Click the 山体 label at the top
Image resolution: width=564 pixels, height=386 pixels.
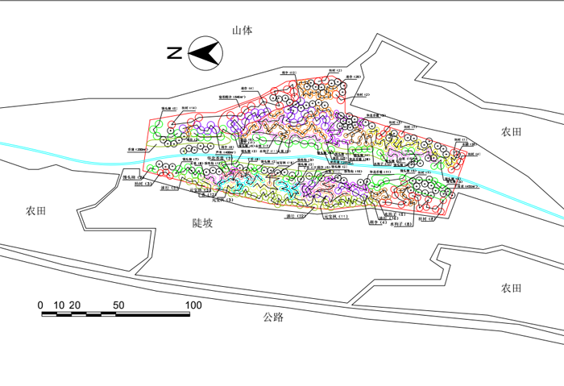click(243, 31)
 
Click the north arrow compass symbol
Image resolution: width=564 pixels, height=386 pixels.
click(205, 54)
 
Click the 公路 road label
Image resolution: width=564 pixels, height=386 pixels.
click(273, 317)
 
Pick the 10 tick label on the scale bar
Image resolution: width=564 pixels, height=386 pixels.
click(58, 305)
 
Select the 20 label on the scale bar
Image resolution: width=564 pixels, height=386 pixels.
click(74, 305)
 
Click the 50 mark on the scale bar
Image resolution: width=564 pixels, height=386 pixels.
click(118, 305)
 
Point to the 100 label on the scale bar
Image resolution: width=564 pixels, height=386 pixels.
click(193, 305)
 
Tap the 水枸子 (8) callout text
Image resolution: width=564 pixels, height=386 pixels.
click(400, 224)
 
